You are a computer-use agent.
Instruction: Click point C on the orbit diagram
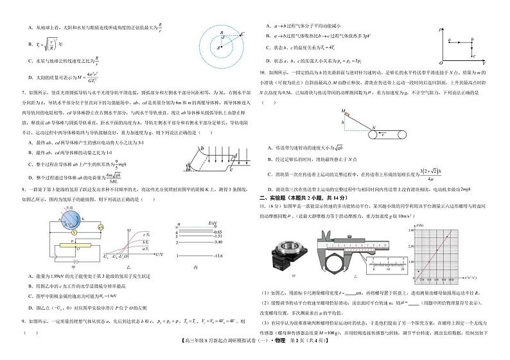pyautogui.click(x=242, y=34)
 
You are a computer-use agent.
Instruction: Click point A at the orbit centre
pyautogui.click(x=218, y=47)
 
